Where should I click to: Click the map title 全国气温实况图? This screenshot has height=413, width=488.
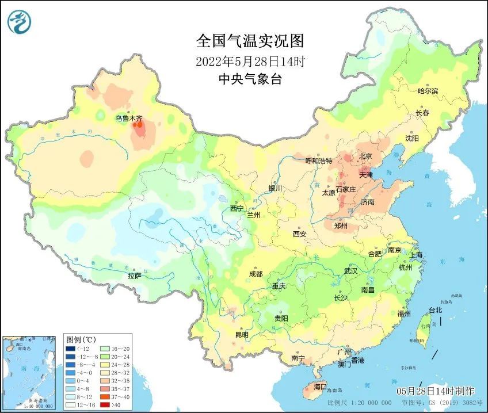tap(250, 41)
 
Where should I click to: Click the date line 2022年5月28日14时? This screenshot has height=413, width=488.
tap(250, 60)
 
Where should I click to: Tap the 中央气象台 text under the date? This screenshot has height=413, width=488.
tap(250, 79)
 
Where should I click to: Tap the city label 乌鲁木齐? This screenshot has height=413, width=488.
tap(128, 118)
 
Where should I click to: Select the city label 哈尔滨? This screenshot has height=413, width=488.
tap(428, 91)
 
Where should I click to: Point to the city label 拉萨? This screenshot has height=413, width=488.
tap(135, 276)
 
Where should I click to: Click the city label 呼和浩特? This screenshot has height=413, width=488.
tap(318, 161)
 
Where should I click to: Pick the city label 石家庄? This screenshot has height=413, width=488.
tap(346, 189)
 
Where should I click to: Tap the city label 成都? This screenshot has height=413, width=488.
tap(256, 274)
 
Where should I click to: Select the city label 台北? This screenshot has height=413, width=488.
tap(435, 310)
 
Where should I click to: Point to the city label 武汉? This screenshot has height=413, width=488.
tap(350, 270)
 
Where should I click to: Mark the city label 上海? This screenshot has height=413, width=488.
tap(415, 255)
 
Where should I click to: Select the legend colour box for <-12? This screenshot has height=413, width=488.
tap(70, 349)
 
